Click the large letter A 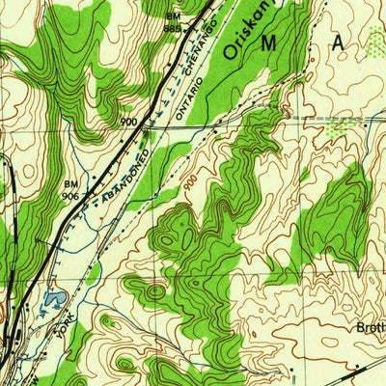340,43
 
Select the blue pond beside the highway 50,301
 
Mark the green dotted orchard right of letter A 340,128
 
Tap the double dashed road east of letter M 328,121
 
